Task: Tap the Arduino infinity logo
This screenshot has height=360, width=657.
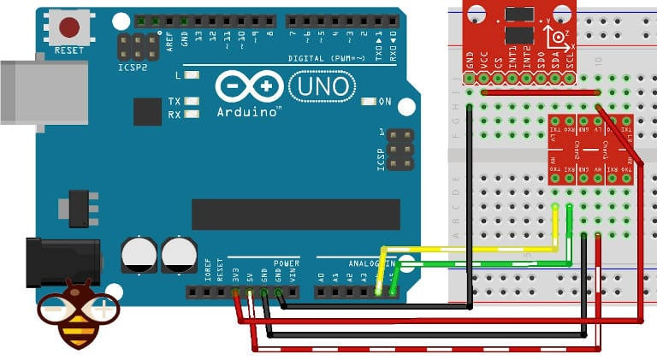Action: pyautogui.click(x=249, y=86)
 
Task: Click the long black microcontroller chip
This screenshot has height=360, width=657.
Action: pyautogui.click(x=295, y=214)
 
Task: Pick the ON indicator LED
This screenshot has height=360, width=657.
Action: pyautogui.click(x=369, y=102)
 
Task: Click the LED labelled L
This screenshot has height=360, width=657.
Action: pyautogui.click(x=191, y=75)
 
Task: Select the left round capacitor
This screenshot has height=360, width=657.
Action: pyautogui.click(x=139, y=255)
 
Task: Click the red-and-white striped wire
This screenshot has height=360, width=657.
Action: pyautogui.click(x=428, y=350)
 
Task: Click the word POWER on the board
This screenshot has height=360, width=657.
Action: pyautogui.click(x=287, y=263)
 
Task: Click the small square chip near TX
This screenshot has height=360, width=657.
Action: pyautogui.click(x=147, y=112)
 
